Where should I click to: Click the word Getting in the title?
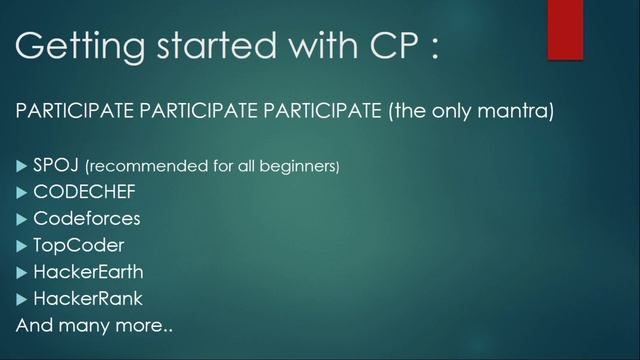(x=72, y=47)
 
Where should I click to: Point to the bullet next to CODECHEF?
(x=22, y=191)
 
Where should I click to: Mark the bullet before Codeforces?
(x=22, y=218)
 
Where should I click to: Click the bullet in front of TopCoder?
(x=22, y=245)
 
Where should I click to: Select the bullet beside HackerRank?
(x=22, y=298)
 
